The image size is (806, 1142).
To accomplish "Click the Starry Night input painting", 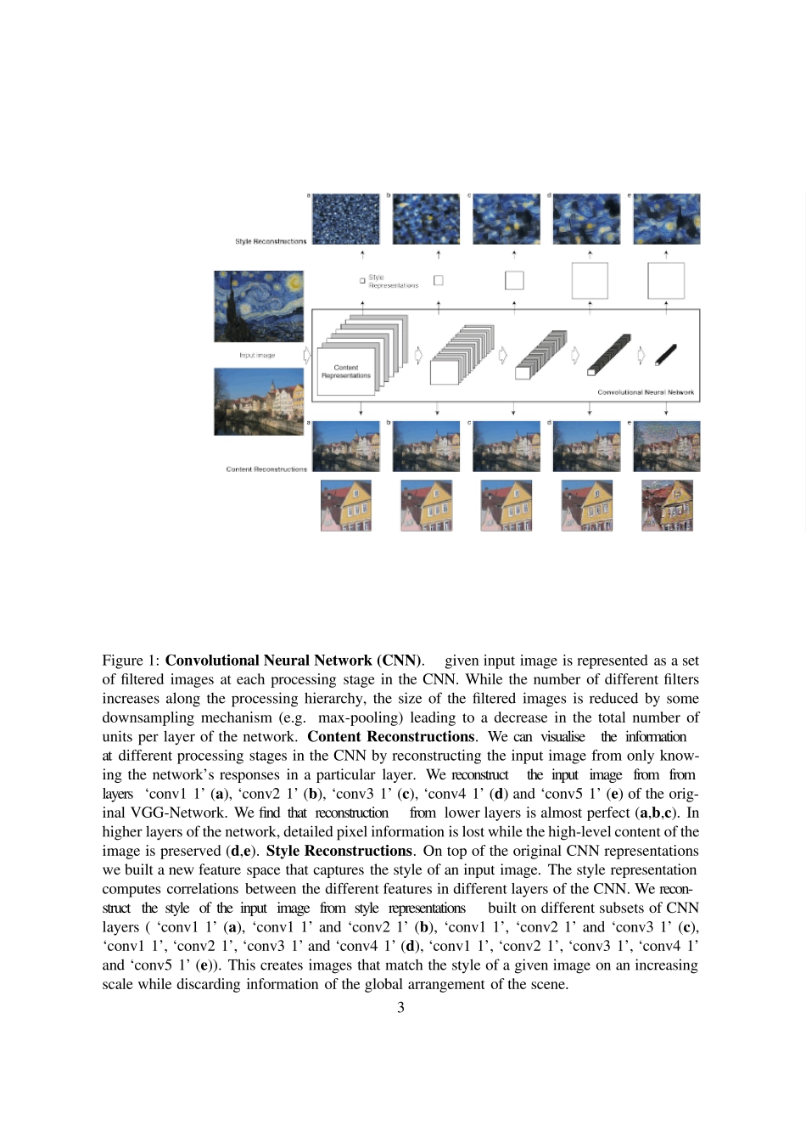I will (x=259, y=306).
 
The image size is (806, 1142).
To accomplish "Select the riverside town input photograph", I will (x=259, y=401).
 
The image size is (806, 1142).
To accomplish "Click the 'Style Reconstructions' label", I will (x=271, y=242).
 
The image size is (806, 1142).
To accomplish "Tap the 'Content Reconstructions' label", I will (x=266, y=469).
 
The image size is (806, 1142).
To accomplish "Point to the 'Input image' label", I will (x=257, y=356).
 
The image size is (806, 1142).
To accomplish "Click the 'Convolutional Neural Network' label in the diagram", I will (x=645, y=392).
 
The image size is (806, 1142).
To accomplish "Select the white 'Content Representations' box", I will (x=346, y=371).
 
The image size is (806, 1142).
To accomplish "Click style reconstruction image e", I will (x=666, y=219).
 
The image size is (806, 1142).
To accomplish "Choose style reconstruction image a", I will (x=346, y=219).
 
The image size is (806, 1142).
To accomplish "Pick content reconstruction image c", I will (x=506, y=447).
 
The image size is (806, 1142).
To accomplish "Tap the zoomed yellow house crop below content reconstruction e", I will (x=667, y=506).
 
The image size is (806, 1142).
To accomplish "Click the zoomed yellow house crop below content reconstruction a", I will (x=346, y=506).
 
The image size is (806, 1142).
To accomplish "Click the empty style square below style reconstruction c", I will (x=514, y=280).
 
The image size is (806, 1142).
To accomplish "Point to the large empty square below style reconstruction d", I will (x=590, y=281).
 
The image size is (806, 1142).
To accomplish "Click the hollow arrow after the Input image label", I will (x=307, y=355).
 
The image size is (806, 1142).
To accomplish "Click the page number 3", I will (x=400, y=1008).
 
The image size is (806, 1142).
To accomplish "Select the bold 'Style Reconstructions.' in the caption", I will (x=339, y=851).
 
